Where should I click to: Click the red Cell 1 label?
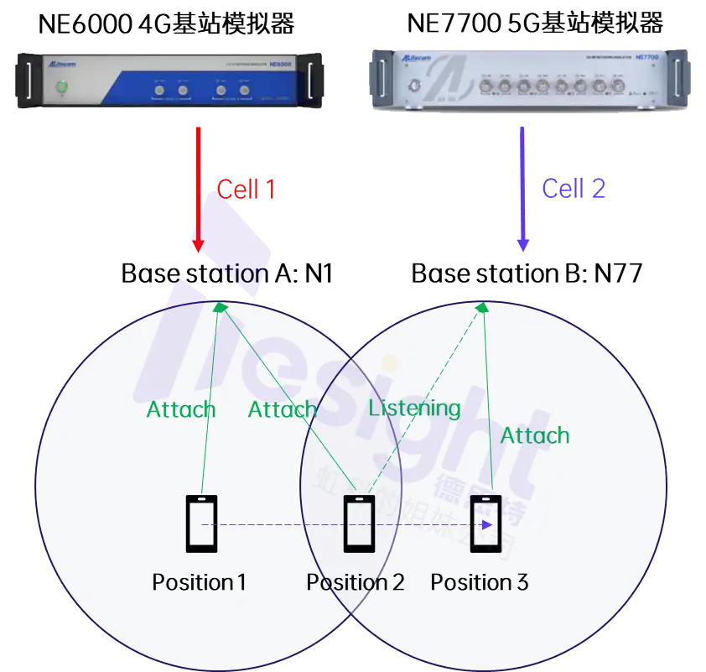point(246,189)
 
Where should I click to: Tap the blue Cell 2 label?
point(574,188)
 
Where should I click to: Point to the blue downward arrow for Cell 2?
point(523,189)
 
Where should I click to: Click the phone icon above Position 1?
point(201,524)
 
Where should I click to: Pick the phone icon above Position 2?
point(359,524)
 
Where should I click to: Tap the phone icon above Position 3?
point(485,524)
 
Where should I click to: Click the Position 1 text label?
point(199,582)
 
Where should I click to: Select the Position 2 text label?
point(355,582)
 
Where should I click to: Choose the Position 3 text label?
point(480,582)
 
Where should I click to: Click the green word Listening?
point(414,409)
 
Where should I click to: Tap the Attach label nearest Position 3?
point(534,435)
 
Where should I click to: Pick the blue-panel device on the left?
point(169,80)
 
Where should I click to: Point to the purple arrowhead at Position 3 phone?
point(486,525)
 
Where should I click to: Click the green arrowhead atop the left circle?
point(221,308)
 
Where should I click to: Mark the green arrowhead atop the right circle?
point(482,309)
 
